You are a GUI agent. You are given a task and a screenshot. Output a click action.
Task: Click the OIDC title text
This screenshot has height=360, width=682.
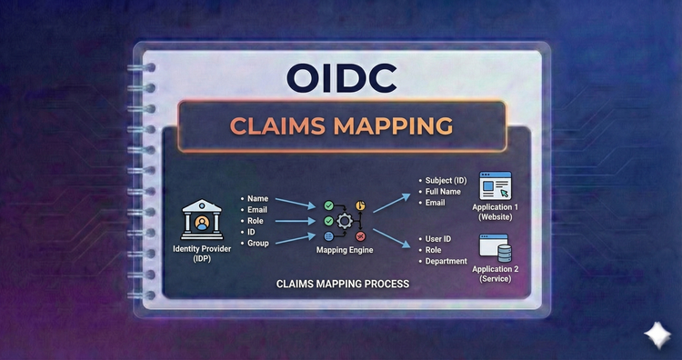click(341, 77)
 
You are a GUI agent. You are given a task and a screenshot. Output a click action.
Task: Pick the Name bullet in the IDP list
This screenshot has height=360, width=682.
click(257, 197)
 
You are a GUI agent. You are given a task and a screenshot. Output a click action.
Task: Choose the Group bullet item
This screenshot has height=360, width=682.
click(259, 243)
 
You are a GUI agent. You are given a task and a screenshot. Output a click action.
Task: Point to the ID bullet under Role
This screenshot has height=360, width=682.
click(252, 232)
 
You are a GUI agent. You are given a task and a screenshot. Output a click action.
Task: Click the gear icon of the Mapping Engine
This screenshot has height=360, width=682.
click(345, 221)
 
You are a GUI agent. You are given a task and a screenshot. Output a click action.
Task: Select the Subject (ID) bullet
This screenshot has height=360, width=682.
click(446, 179)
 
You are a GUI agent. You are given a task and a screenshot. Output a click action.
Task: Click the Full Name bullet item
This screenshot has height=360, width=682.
click(444, 191)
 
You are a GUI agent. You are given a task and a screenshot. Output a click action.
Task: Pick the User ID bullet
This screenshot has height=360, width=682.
click(441, 238)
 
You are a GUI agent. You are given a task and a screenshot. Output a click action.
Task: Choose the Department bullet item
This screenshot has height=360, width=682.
click(446, 261)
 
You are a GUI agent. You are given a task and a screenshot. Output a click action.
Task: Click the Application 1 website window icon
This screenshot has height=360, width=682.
click(496, 185)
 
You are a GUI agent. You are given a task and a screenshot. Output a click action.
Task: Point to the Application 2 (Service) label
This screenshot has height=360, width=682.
click(497, 273)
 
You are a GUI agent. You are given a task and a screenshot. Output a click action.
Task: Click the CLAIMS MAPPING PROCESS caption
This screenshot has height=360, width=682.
click(342, 285)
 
